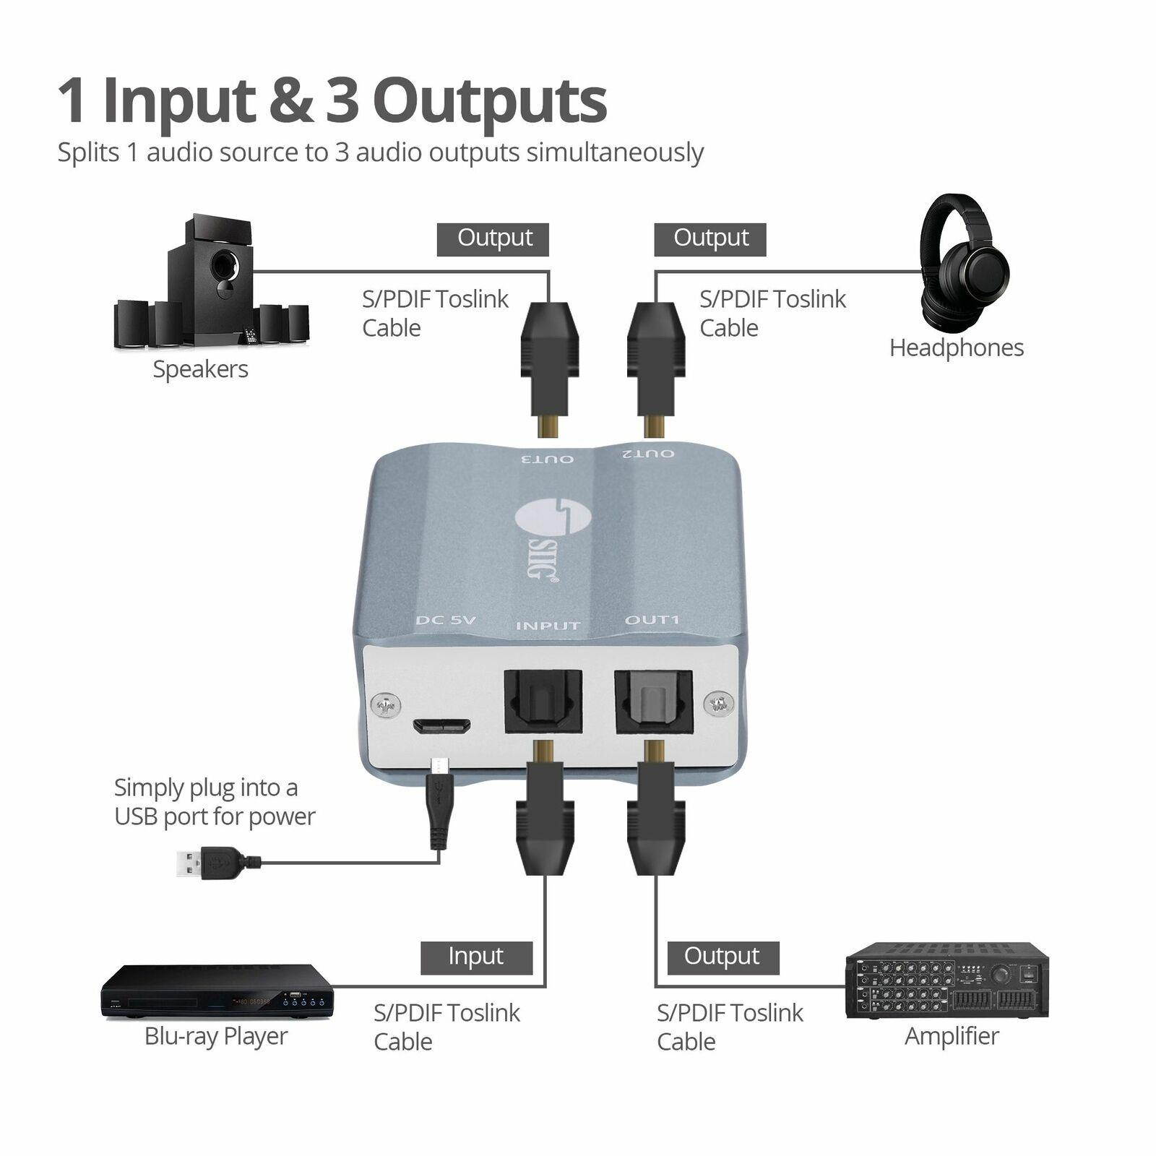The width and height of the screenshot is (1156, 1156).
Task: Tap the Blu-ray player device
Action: click(217, 991)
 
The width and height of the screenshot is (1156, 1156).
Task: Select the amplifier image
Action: click(946, 980)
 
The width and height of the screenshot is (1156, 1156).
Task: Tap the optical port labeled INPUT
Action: click(542, 701)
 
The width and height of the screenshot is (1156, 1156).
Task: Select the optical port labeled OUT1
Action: click(653, 701)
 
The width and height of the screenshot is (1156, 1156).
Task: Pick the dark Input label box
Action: click(476, 957)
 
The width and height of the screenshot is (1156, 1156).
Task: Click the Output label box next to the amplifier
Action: click(722, 957)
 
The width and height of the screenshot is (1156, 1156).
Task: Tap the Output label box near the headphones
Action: click(709, 239)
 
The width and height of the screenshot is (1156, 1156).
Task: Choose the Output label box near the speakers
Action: click(493, 239)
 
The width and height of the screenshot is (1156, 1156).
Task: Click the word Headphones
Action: click(956, 348)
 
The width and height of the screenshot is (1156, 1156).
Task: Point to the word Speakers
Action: click(200, 369)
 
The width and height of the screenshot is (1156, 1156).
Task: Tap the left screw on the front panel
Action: click(385, 705)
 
